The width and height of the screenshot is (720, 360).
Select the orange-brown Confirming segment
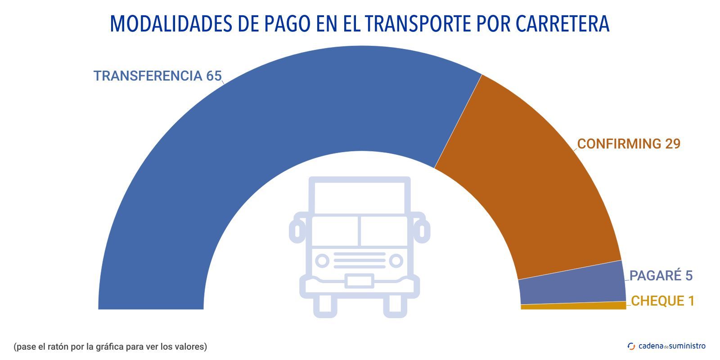coord(531,180)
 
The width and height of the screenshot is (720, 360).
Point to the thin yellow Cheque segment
coord(573,306)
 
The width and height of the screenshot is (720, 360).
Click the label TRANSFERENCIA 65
coord(157,76)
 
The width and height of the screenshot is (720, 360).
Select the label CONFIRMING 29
coord(629,144)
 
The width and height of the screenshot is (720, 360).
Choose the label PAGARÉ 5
coord(661,275)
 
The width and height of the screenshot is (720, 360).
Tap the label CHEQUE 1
coord(662,301)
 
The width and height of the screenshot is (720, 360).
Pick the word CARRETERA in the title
coord(562,24)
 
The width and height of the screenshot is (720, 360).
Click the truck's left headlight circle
coord(322,261)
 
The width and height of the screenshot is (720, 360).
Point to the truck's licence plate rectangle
coord(359,281)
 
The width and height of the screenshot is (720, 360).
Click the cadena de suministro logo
coord(666,346)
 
